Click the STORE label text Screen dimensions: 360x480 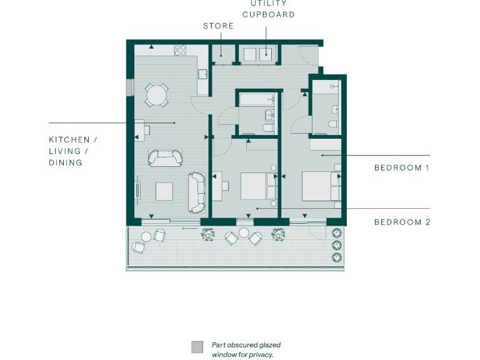click(x=218, y=26)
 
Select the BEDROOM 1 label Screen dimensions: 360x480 click(x=401, y=167)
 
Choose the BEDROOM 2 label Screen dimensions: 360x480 click(x=401, y=222)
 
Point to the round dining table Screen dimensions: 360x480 click(x=156, y=96)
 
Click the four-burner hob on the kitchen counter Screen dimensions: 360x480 click(x=182, y=49)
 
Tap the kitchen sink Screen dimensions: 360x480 click(x=202, y=74)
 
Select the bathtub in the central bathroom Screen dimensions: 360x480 click(x=255, y=100)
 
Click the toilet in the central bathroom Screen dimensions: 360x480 click(x=268, y=128)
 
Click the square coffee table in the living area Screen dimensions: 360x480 click(x=164, y=191)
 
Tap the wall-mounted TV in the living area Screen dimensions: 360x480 click(x=138, y=188)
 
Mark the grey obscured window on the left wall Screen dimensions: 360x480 click(x=129, y=87)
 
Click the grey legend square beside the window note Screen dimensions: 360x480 click(x=197, y=347)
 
